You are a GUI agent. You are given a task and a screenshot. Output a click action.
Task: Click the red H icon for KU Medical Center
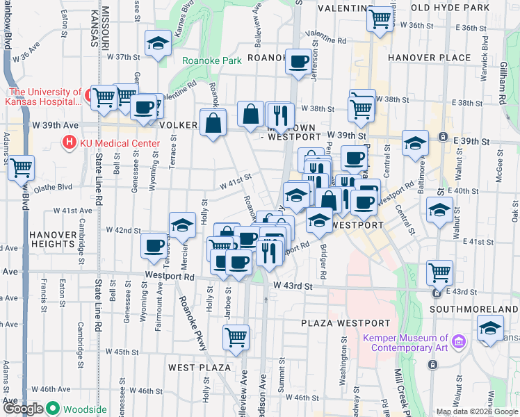(x=69, y=144)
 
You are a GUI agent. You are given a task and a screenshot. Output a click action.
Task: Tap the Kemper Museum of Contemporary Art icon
(x=458, y=341)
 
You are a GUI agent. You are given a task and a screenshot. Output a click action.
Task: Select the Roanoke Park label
(x=212, y=60)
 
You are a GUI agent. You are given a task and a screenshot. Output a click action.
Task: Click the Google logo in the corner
(x=23, y=409)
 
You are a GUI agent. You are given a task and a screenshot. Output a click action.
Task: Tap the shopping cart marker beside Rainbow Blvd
(x=21, y=167)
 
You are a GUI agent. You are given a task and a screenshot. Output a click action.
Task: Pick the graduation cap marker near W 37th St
(x=159, y=43)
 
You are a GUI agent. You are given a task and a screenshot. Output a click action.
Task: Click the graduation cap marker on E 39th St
(x=415, y=142)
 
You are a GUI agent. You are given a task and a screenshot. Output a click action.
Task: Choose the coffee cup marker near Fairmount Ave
(x=154, y=245)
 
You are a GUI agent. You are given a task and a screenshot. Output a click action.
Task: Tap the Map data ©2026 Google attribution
(x=476, y=411)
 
